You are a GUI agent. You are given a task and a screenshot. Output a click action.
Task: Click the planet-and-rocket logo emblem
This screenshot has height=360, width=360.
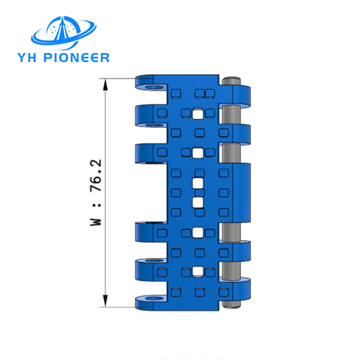coord(64,32)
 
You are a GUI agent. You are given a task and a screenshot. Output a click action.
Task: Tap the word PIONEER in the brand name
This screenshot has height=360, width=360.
coord(76,58)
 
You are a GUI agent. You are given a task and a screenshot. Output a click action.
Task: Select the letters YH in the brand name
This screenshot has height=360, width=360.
coord(28,58)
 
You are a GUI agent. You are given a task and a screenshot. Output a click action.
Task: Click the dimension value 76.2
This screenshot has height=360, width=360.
coord(96,175)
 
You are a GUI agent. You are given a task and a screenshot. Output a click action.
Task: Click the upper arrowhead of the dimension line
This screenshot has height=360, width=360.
coord(106,85)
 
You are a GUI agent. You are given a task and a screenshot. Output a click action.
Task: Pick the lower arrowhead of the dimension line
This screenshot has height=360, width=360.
coord(106,301)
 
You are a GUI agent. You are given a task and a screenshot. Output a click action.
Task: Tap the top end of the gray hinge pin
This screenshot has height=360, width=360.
coord(231,80)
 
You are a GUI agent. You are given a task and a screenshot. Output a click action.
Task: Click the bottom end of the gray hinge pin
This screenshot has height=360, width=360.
coord(231,304)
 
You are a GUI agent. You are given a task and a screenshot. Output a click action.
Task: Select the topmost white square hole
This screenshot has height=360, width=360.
coord(198,115)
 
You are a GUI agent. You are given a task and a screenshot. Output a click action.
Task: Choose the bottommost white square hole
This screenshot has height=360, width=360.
coord(198,272)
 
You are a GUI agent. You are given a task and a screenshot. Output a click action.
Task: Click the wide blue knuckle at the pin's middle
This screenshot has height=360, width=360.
coord(241,193)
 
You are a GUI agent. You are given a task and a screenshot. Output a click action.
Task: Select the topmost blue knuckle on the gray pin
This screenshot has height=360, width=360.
coord(241,96)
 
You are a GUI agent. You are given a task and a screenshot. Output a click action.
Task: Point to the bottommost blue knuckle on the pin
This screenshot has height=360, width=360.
coord(241,290)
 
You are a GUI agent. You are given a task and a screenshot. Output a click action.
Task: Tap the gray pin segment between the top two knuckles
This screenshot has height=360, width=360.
coord(231,115)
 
